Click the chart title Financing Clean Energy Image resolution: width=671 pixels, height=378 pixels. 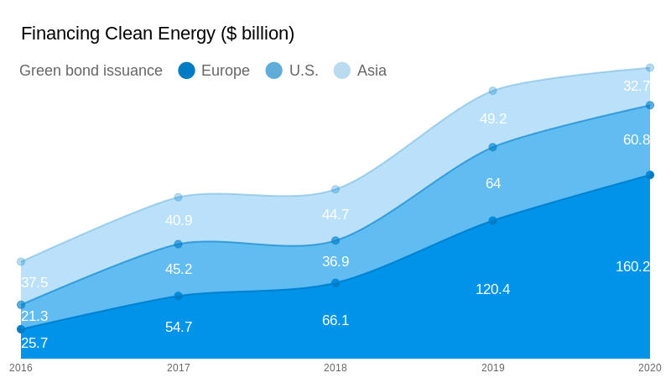(x=158, y=34)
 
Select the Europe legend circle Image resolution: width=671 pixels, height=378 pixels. (x=186, y=71)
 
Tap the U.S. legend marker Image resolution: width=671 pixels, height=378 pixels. (x=274, y=71)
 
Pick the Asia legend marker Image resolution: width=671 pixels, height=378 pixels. (x=342, y=71)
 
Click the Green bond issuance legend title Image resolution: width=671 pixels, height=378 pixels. (x=91, y=71)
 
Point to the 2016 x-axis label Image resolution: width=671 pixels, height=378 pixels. (x=21, y=368)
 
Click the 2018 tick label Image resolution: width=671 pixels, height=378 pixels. (x=335, y=368)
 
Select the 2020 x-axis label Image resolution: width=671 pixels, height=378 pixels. (x=649, y=368)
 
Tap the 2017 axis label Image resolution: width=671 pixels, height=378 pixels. (x=179, y=368)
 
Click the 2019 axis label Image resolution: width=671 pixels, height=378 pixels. (x=493, y=368)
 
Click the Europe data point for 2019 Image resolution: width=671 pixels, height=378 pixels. (x=493, y=220)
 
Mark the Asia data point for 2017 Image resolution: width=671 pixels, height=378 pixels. (x=179, y=197)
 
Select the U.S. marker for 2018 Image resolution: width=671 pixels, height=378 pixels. (x=335, y=240)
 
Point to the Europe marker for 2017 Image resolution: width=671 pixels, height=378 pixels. (x=179, y=296)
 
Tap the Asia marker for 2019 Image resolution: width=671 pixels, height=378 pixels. (x=493, y=91)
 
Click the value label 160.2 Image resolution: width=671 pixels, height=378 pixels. (x=632, y=266)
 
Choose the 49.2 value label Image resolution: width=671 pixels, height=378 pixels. (x=493, y=118)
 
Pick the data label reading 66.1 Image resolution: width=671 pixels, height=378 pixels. (x=335, y=320)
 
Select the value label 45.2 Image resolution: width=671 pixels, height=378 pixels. (x=179, y=269)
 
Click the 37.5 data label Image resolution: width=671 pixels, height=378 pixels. (x=34, y=282)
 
